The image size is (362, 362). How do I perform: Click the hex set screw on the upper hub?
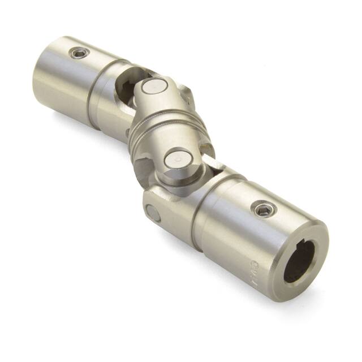click(79, 54)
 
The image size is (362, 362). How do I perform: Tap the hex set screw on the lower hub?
click(262, 209)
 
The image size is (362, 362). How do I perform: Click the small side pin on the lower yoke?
click(152, 213)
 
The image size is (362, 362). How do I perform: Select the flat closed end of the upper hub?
click(48, 79)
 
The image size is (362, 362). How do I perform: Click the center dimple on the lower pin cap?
click(177, 160)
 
